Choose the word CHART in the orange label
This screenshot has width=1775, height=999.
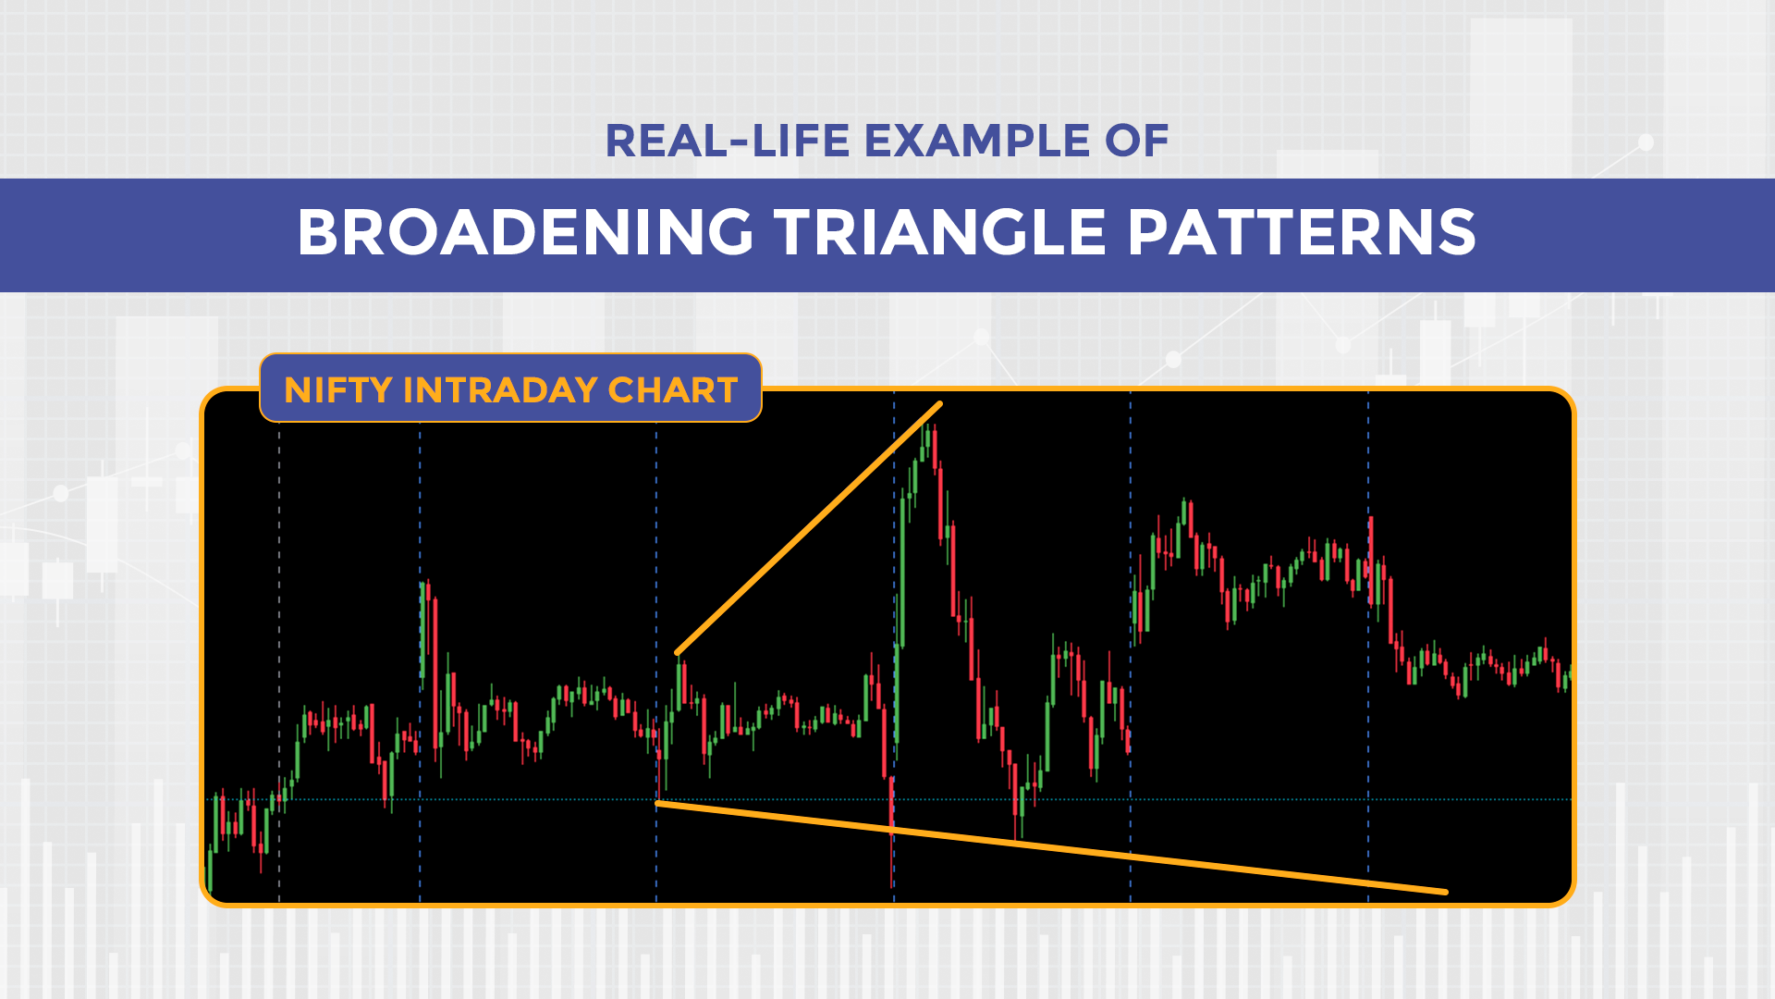tap(673, 390)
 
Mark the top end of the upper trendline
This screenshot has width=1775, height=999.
tap(939, 404)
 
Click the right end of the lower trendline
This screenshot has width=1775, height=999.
tap(1445, 892)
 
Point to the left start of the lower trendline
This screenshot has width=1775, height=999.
tap(658, 804)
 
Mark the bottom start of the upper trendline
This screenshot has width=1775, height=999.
tap(679, 653)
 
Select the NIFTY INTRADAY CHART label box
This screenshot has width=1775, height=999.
tap(510, 388)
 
